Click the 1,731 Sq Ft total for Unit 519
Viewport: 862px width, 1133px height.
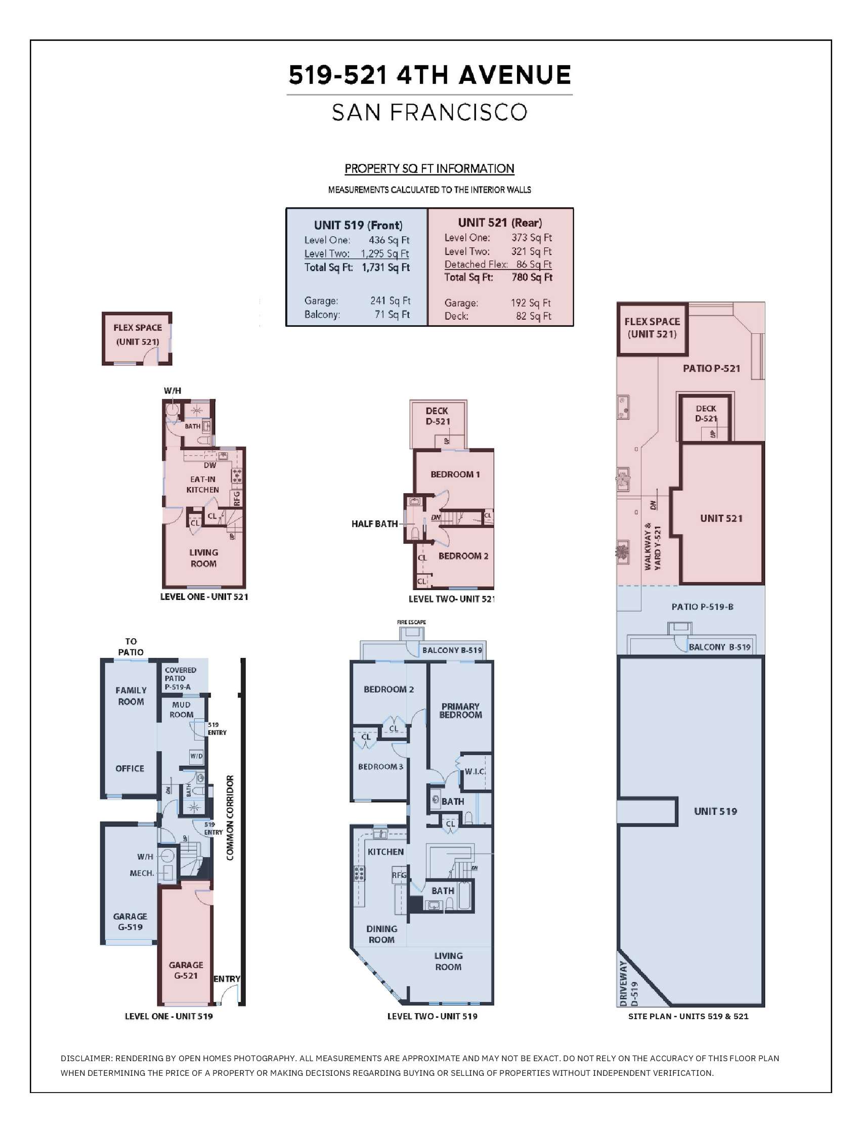click(x=386, y=267)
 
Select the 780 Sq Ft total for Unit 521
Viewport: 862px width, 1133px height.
click(x=532, y=278)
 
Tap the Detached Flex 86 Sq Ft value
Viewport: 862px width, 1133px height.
click(x=534, y=264)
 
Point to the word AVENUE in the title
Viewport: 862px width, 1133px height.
click(x=514, y=75)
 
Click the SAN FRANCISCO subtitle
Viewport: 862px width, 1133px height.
click(x=429, y=112)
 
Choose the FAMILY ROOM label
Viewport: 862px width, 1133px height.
click(x=131, y=696)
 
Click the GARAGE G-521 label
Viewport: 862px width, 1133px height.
click(x=186, y=970)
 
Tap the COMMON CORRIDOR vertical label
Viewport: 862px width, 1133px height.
click(x=230, y=817)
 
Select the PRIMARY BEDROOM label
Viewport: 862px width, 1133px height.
click(x=460, y=710)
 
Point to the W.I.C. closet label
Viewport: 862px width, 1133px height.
click(x=475, y=771)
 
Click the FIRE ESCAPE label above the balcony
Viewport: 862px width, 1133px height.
click(x=411, y=622)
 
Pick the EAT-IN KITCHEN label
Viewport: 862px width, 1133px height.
click(x=203, y=484)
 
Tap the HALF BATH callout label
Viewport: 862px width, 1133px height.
click(x=374, y=524)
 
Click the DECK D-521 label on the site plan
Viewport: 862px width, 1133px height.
click(x=706, y=413)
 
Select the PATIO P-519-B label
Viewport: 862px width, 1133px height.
click(x=703, y=607)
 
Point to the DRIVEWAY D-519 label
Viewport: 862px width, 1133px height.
click(x=628, y=983)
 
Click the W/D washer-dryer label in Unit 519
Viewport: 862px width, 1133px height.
click(x=196, y=756)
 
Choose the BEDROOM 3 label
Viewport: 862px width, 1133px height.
click(x=381, y=767)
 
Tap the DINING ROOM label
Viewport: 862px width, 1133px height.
click(x=381, y=934)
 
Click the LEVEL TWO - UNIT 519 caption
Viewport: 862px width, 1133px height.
click(x=432, y=1016)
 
